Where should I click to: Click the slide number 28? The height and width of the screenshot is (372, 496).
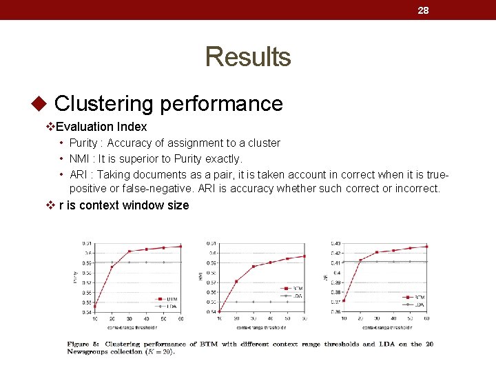pyautogui.click(x=423, y=10)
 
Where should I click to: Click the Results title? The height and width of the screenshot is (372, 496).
pyautogui.click(x=248, y=56)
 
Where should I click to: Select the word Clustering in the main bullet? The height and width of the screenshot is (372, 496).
pyautogui.click(x=103, y=103)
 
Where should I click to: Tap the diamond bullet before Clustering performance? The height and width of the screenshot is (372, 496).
pyautogui.click(x=39, y=104)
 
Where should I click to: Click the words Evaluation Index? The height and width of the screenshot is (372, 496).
pyautogui.click(x=101, y=127)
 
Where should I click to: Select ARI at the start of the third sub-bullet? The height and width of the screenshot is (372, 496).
pyautogui.click(x=79, y=174)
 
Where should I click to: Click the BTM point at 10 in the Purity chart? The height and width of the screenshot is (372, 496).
pyautogui.click(x=94, y=307)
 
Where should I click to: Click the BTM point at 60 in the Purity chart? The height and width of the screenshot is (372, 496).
pyautogui.click(x=181, y=246)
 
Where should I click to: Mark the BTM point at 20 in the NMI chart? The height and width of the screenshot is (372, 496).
pyautogui.click(x=236, y=281)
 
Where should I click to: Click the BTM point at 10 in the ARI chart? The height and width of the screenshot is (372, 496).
pyautogui.click(x=343, y=300)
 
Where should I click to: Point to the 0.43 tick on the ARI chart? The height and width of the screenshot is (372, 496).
pyautogui.click(x=335, y=243)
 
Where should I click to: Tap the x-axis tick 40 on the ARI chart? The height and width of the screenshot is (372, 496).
pyautogui.click(x=393, y=318)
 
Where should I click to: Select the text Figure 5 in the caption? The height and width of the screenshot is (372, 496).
pyautogui.click(x=83, y=344)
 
